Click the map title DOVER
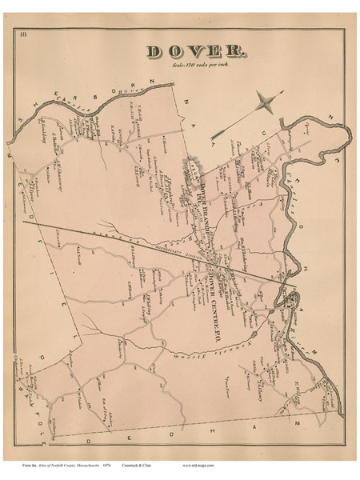pos(196,51)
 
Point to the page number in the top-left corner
pos(26,34)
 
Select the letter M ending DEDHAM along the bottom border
pos(303,422)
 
